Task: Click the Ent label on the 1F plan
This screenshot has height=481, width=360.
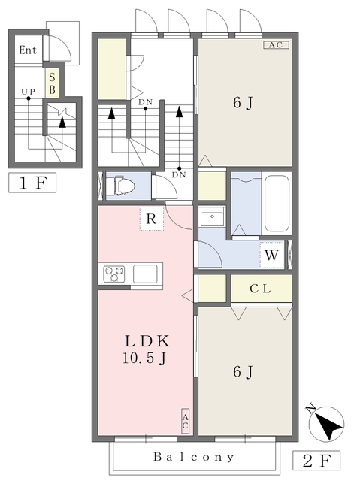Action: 28,50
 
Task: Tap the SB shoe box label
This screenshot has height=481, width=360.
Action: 52,83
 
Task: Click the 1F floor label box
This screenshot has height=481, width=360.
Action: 32,183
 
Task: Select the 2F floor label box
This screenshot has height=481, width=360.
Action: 316,461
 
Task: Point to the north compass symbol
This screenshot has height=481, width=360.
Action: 326,423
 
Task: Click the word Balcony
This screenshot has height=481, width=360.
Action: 194,457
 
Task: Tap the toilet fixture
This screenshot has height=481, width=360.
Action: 120,186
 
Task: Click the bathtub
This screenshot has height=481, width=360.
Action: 277,204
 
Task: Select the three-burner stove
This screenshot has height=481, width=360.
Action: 114,274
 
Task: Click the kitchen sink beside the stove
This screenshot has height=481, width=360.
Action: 145,274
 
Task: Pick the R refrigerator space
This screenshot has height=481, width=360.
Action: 152,219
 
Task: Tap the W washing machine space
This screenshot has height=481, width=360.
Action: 271,255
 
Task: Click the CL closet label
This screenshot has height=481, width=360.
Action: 260,289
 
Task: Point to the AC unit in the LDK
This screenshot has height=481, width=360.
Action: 185,422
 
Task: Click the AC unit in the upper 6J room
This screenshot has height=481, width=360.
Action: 277,45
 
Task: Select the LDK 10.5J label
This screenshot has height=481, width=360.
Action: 147,349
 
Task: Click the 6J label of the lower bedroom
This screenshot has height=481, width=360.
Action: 243,372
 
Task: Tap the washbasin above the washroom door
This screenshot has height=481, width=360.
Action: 212,216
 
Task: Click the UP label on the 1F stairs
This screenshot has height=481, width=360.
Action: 29,92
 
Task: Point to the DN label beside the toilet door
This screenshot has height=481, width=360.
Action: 179,175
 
